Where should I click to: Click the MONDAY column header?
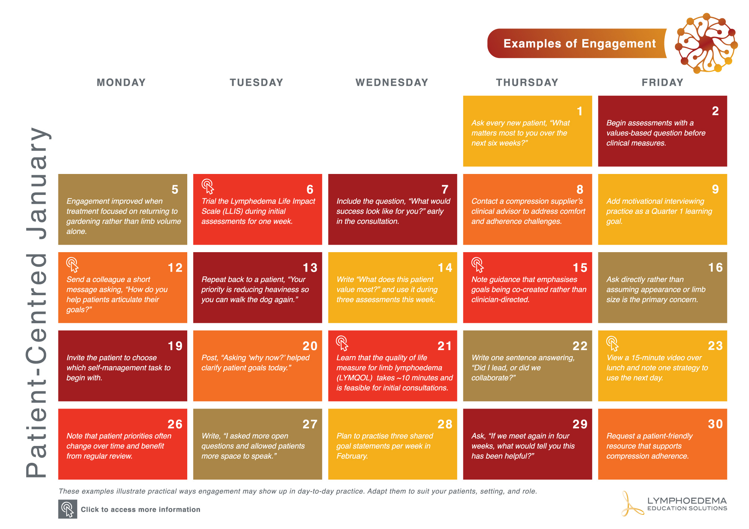[x=121, y=82]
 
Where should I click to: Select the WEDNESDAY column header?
[x=392, y=82]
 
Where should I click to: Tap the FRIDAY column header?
[x=662, y=82]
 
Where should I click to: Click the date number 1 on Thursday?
[x=580, y=111]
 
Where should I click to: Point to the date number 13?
[x=310, y=267]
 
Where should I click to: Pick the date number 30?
[x=715, y=424]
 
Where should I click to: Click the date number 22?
[x=580, y=346]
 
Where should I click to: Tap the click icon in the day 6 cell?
[x=208, y=186]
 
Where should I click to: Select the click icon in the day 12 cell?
[x=72, y=264]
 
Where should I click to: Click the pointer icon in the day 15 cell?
[x=477, y=264]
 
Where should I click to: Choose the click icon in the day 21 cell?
[x=342, y=343]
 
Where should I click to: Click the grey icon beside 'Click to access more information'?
[x=68, y=509]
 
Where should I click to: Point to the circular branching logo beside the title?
[x=706, y=43]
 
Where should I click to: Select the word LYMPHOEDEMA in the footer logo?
[x=687, y=501]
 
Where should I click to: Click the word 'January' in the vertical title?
[x=37, y=183]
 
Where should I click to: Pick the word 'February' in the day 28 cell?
[x=352, y=456]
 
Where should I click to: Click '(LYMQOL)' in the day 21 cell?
[x=354, y=378]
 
